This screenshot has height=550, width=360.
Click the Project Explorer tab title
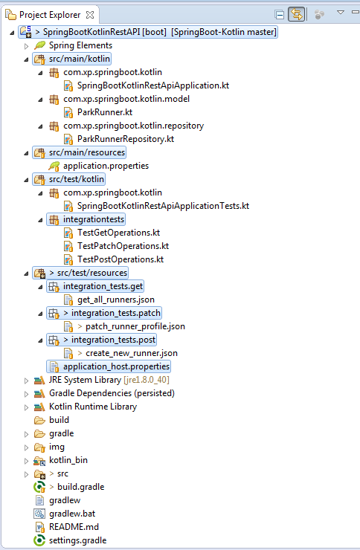(50, 15)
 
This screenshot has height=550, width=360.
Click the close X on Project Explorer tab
(90, 15)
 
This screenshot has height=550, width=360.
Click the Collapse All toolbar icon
(280, 15)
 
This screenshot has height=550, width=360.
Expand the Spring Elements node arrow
(26, 45)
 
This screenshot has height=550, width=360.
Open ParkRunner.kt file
(105, 112)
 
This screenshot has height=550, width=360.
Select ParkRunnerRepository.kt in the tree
(126, 139)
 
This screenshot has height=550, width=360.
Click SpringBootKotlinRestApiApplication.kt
(153, 85)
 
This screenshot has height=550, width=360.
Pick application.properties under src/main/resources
(106, 166)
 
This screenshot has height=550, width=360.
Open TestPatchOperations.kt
(123, 246)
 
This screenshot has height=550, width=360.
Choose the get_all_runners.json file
(116, 300)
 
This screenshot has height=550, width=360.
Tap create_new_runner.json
(132, 353)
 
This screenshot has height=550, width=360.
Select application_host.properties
(117, 366)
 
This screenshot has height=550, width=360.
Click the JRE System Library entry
(109, 380)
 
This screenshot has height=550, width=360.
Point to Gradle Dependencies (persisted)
(112, 393)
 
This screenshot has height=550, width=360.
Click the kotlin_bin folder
(68, 460)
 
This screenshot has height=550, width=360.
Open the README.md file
(74, 527)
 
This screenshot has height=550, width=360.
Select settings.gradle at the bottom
(78, 540)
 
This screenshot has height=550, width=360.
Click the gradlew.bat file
(72, 514)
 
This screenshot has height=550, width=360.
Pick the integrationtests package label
(94, 219)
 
